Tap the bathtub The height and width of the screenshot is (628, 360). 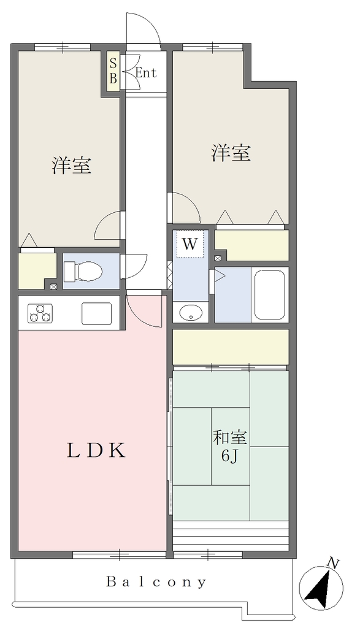point(270,295)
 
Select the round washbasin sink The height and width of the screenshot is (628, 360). point(191,313)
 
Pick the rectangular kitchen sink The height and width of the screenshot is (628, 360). point(97,313)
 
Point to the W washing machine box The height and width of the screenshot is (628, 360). point(190,244)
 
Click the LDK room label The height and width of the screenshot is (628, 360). point(96,451)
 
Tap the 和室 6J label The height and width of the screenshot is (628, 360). point(230,446)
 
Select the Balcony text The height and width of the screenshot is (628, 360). point(156,581)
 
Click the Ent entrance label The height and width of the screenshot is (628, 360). point(146,74)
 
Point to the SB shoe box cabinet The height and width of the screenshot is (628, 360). point(113,71)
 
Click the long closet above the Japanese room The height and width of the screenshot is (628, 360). point(231,347)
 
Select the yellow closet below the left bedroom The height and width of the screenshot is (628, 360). point(36,270)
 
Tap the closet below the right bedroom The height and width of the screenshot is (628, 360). point(252,245)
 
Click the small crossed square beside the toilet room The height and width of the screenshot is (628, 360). point(53,286)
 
